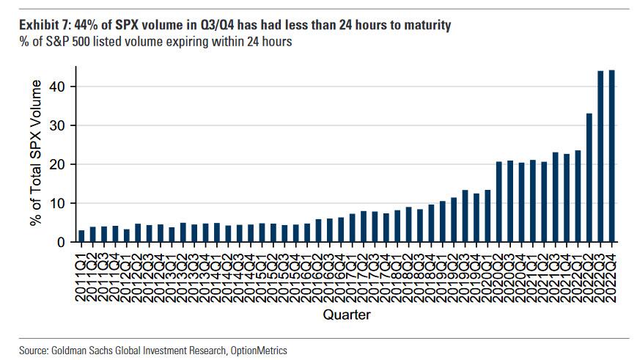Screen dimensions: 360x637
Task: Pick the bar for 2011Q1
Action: (x=82, y=235)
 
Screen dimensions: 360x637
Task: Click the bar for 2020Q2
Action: (x=499, y=202)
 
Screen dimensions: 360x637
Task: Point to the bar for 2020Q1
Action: (x=488, y=216)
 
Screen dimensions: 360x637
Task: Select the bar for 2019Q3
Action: (x=465, y=216)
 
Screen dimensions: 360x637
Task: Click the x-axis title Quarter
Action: (x=347, y=315)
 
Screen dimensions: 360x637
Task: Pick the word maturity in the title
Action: (x=424, y=26)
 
